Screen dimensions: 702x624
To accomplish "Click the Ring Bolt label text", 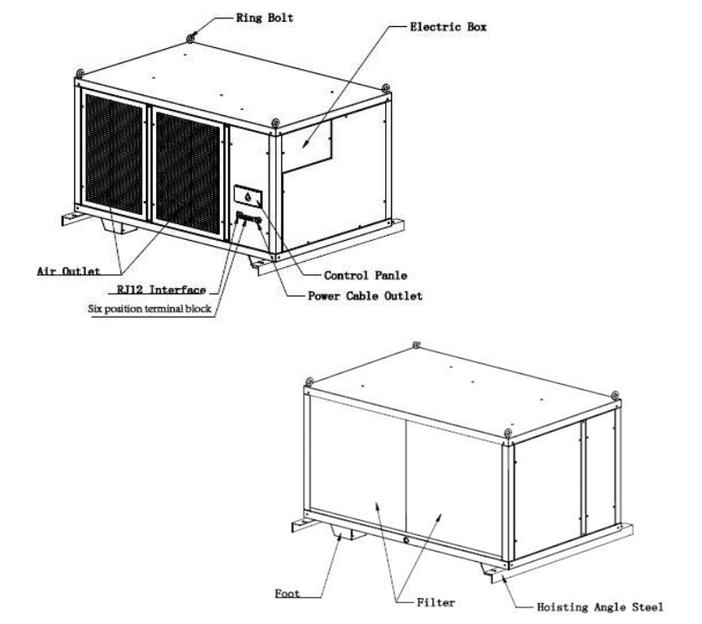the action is tap(265, 18).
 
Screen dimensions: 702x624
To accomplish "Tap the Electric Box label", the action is tap(448, 27).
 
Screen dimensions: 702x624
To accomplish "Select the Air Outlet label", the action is tap(68, 271).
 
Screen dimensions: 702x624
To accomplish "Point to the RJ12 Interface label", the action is tap(162, 290).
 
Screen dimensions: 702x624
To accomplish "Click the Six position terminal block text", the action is tap(149, 308).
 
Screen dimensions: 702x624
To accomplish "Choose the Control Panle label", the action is tap(365, 275).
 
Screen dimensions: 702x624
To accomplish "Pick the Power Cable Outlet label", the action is tap(365, 296).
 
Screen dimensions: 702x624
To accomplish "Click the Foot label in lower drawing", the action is tap(287, 593).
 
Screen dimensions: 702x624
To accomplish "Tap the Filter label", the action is tap(436, 602).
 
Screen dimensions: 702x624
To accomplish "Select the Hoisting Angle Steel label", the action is tap(600, 607).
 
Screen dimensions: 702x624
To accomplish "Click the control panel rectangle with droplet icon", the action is tap(248, 196).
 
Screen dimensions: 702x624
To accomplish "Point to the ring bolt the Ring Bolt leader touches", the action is tap(191, 38).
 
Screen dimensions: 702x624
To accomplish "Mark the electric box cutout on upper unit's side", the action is tap(307, 146).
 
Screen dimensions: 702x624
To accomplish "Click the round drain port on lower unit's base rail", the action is tap(406, 540).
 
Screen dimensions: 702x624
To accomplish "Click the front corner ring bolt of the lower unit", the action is tap(508, 433).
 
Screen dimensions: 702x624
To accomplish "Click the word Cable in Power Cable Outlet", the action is tap(362, 296).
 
